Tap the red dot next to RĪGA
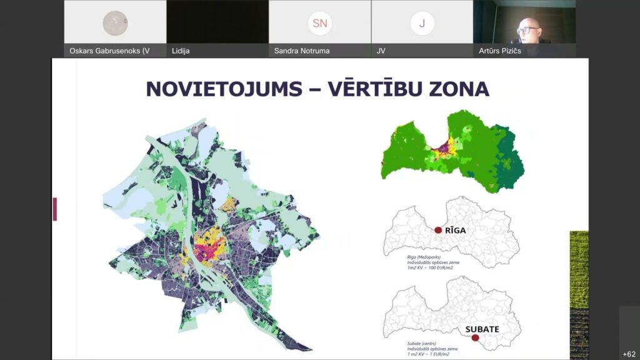point(438,230)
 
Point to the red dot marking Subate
point(475,338)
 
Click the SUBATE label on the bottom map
point(486,328)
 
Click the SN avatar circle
point(319,24)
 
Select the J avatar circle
point(422,24)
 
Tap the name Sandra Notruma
point(301,51)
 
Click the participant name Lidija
point(181,51)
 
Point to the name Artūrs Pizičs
point(499,51)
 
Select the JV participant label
point(381,51)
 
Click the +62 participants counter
point(629,354)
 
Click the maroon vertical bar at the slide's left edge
point(55,209)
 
